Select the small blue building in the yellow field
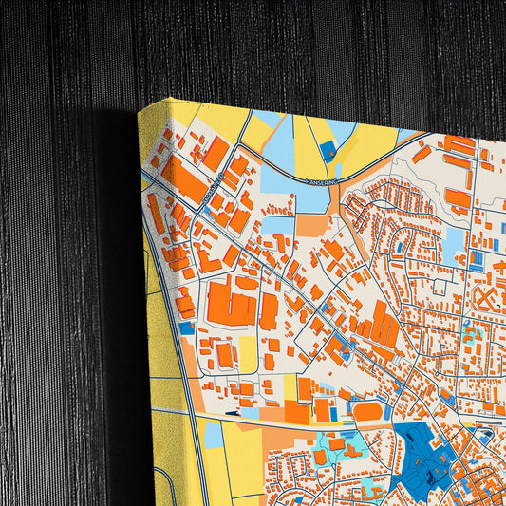pos(328,150)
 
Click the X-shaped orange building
pos(486,301)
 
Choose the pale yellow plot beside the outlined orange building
pos(248,354)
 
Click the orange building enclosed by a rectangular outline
pos(225,354)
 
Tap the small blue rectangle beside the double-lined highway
pos(186,328)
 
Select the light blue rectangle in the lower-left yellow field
pos(215,435)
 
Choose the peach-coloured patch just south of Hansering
pos(310,224)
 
